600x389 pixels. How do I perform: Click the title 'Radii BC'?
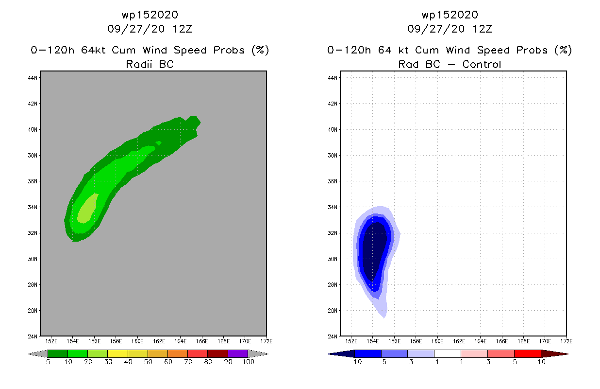point(150,64)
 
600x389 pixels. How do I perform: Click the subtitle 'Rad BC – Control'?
point(450,64)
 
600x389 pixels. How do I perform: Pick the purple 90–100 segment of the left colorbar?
point(238,354)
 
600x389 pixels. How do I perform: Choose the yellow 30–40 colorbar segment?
point(117,354)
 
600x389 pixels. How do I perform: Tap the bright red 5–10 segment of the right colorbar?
point(527,354)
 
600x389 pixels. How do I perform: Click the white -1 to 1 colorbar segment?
point(447,354)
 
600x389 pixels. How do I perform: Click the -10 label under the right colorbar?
point(355,362)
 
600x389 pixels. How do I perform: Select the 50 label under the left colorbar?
point(148,362)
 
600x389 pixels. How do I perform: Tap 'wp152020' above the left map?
point(150,15)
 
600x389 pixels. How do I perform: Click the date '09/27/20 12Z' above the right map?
point(450,29)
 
